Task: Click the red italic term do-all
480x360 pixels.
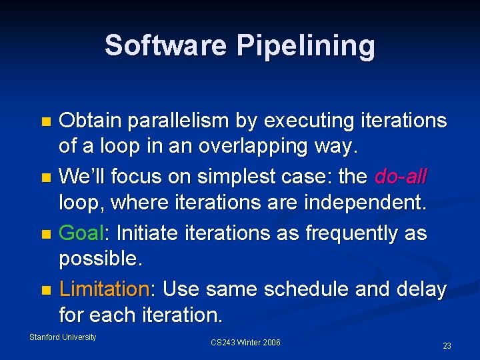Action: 401,177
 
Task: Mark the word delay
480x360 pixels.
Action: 422,289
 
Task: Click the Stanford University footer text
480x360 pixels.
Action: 63,337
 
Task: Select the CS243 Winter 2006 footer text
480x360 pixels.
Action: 245,343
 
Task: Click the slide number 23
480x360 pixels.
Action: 447,346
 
